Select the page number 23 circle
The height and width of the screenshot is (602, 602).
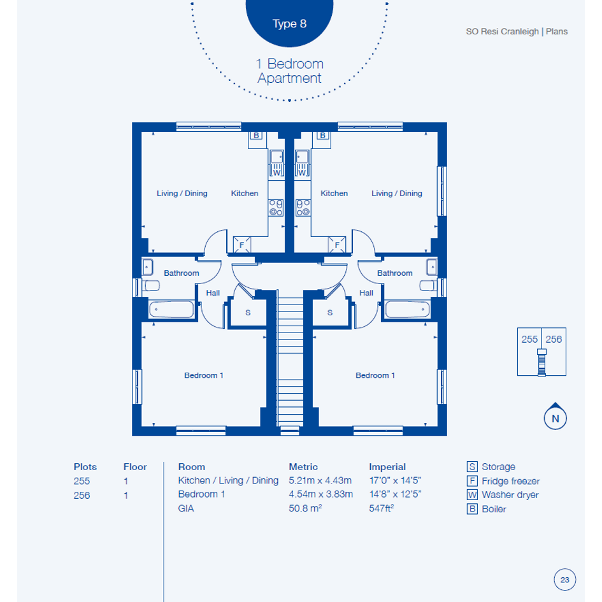coord(565,580)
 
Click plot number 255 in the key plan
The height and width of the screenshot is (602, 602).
coord(529,340)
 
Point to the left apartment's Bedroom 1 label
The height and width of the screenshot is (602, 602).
coord(204,375)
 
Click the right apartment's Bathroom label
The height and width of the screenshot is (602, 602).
coord(395,273)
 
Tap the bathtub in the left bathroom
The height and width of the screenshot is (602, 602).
coord(171,310)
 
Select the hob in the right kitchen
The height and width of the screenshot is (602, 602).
coord(303,208)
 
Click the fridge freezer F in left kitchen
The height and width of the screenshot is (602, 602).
coord(242,245)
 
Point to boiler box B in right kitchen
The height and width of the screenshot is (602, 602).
coord(322,136)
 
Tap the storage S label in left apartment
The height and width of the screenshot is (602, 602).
coord(248,313)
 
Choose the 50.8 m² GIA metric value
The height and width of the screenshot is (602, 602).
coord(305,508)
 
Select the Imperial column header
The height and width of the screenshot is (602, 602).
coord(387,467)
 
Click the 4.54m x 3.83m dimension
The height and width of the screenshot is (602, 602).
coord(320,494)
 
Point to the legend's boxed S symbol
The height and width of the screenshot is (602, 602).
coord(472,467)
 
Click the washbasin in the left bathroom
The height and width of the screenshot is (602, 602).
coord(147,267)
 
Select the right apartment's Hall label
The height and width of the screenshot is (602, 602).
coord(366,293)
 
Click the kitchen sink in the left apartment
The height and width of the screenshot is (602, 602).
coord(276,157)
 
